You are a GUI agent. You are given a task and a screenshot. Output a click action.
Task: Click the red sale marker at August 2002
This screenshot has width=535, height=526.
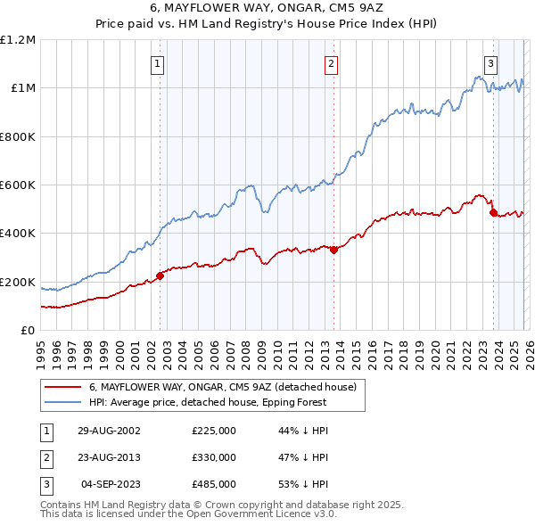tap(160, 275)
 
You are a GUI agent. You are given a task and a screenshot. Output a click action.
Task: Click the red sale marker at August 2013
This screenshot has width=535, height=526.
tap(333, 250)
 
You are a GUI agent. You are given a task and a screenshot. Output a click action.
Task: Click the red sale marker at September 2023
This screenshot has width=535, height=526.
tap(493, 212)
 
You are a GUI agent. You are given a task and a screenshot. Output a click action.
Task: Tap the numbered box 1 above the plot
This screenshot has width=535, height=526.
tap(158, 63)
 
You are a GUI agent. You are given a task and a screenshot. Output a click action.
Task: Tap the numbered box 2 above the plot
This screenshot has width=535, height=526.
tap(331, 63)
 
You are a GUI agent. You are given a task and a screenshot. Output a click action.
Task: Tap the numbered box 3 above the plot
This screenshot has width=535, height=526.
tap(490, 63)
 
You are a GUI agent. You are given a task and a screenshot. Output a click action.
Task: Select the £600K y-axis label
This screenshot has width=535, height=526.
tap(18, 185)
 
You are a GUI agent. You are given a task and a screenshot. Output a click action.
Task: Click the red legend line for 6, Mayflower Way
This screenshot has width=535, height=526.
tap(62, 388)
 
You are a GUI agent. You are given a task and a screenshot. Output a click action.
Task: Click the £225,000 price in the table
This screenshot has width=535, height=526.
tap(214, 431)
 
